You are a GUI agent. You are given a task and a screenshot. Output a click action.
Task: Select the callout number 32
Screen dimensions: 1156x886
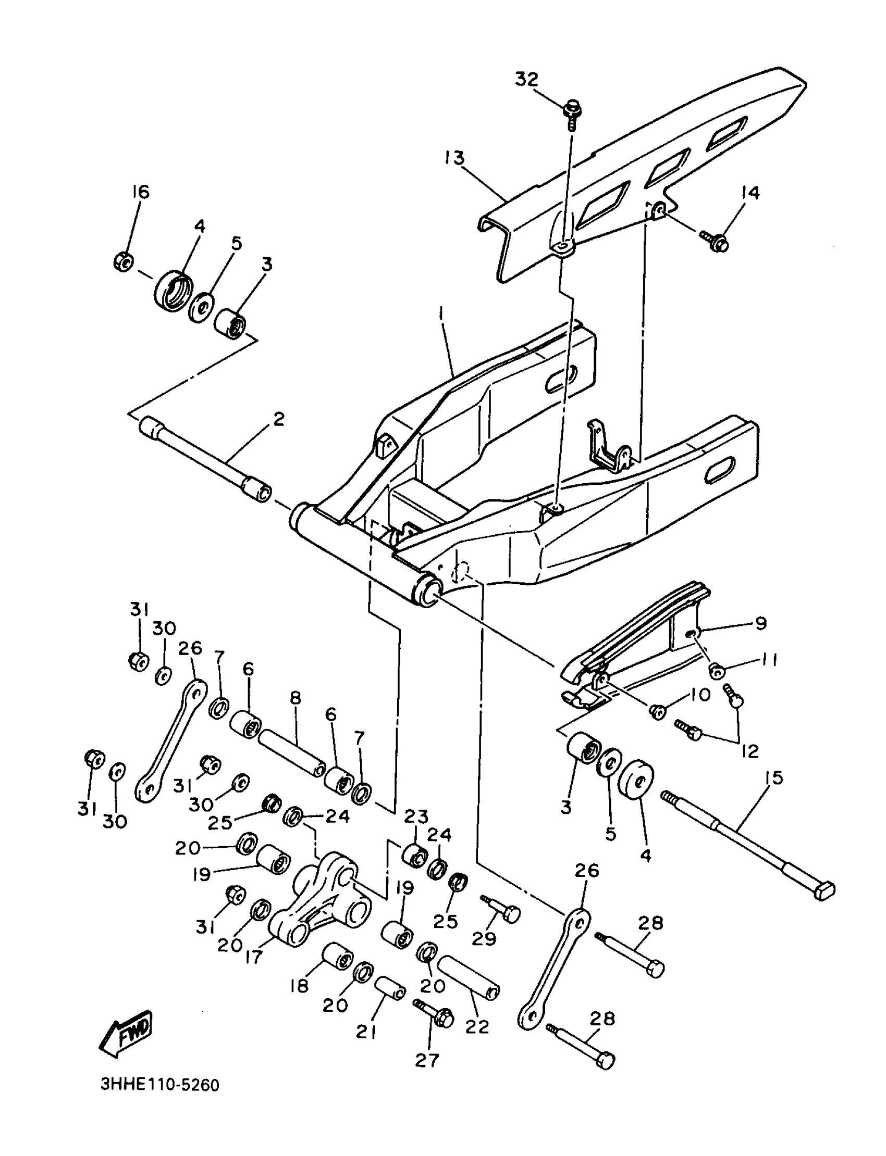coord(526,79)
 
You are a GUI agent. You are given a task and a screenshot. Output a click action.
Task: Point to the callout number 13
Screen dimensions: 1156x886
coord(454,158)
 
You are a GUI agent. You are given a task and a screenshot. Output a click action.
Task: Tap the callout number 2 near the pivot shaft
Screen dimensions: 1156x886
coord(278,419)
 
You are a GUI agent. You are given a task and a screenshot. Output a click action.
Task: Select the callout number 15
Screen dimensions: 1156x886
coord(773,777)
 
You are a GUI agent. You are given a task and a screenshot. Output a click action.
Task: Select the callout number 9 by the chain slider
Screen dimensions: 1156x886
coord(760,623)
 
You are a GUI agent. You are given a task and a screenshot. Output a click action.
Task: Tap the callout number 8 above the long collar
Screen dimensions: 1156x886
coord(296,699)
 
